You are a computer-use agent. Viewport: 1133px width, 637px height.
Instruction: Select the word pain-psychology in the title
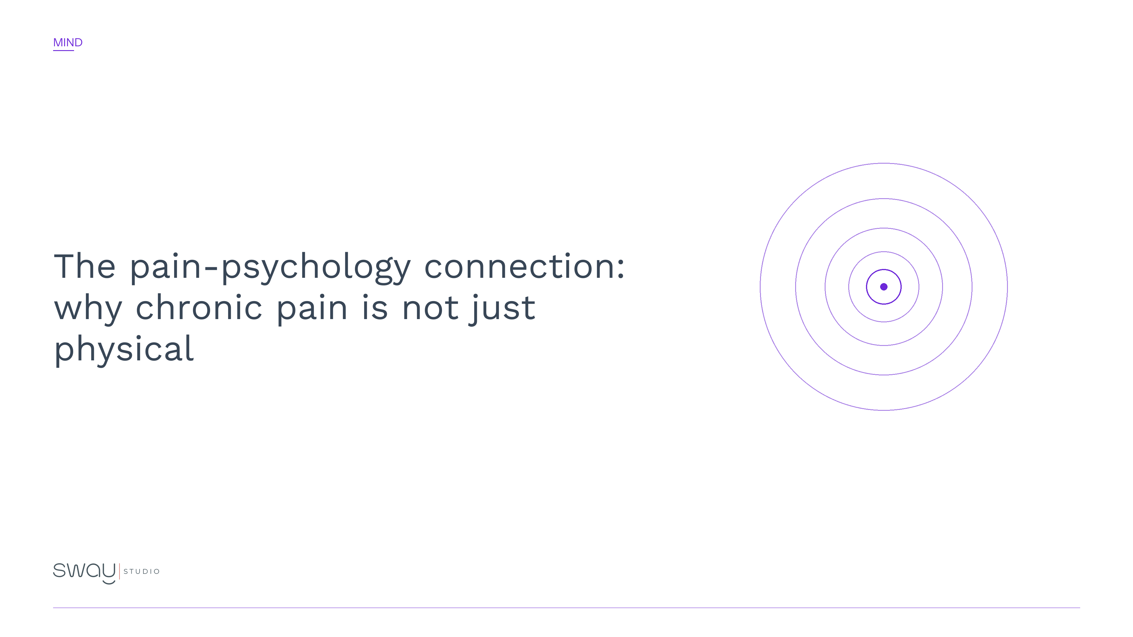tap(270, 267)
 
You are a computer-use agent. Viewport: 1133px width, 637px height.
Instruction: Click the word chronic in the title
tap(199, 307)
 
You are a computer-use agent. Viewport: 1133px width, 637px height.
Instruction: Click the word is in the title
tap(375, 307)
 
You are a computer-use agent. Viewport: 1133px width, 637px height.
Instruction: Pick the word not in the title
tap(430, 307)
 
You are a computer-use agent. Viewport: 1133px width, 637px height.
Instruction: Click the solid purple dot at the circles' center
tap(884, 287)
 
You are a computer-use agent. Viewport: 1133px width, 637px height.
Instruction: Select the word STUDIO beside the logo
tap(142, 572)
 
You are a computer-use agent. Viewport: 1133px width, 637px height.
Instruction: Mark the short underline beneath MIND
tap(63, 50)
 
